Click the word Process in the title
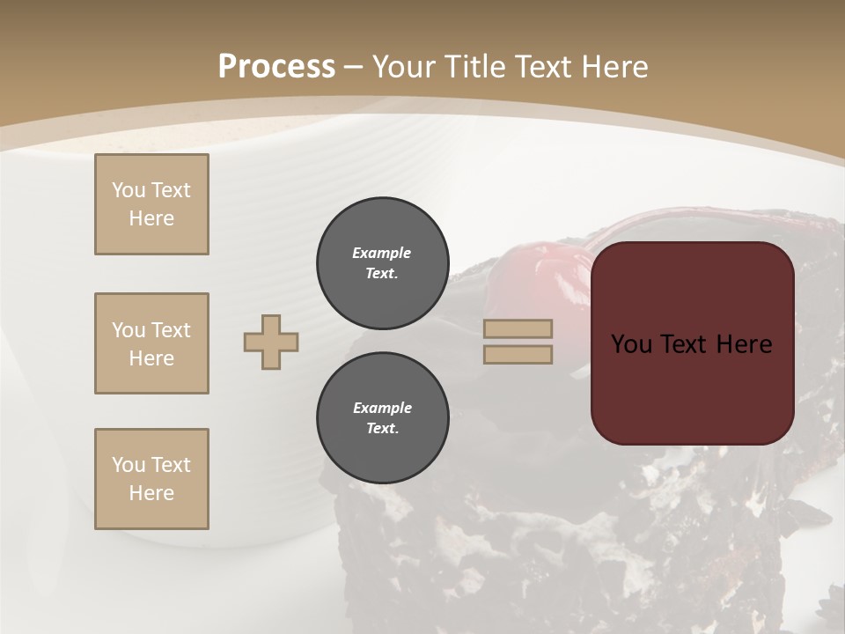[x=276, y=67]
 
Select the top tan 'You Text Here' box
[x=151, y=204]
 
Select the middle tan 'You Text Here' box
[x=151, y=343]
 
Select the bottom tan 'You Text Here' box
[x=151, y=479]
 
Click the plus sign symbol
[x=271, y=342]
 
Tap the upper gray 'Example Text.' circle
[x=382, y=262]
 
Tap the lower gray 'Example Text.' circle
[x=382, y=417]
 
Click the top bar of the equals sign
[x=518, y=329]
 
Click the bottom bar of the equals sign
[x=518, y=354]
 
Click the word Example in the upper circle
[x=382, y=253]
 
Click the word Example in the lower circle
[x=382, y=408]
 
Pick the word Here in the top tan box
[x=151, y=218]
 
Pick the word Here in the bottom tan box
[x=151, y=493]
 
